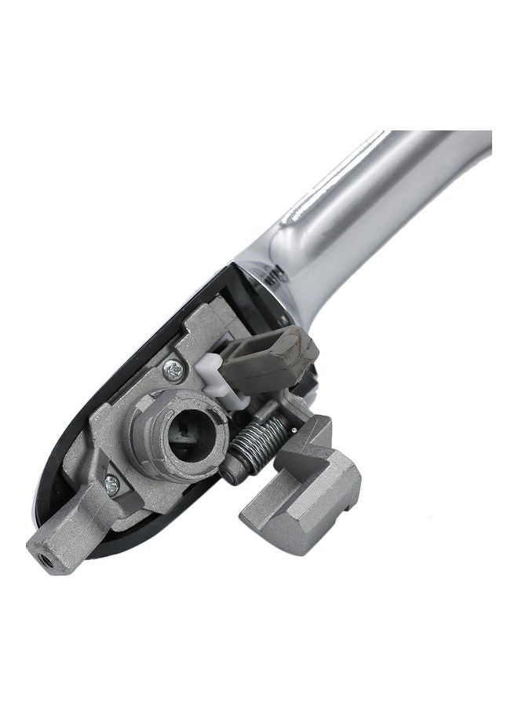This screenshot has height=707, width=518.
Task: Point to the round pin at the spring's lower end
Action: point(228,474)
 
